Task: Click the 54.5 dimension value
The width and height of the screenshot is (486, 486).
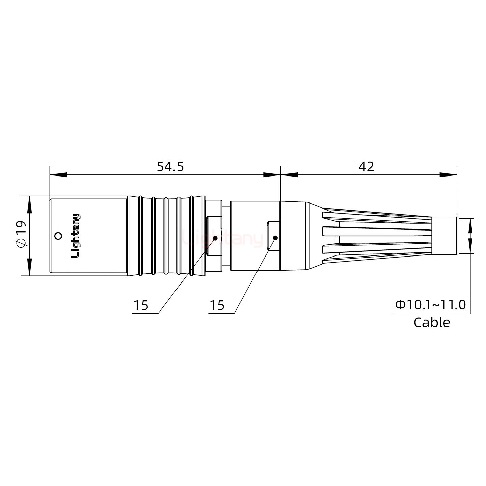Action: (170, 167)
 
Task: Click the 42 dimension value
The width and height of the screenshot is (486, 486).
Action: (366, 167)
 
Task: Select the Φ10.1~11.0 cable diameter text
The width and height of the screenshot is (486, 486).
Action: (430, 305)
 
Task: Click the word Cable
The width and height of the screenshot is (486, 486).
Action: (432, 323)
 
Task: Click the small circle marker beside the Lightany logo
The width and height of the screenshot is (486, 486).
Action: (58, 236)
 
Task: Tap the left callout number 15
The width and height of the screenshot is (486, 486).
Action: (141, 305)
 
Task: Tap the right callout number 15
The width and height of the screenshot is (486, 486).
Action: (217, 305)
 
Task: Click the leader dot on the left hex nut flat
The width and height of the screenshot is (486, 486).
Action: (215, 238)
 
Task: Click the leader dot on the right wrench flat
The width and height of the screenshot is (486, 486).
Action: (275, 238)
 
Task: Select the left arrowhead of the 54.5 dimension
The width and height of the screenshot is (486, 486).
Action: (58, 175)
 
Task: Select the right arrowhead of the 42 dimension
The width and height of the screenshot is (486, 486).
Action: (448, 175)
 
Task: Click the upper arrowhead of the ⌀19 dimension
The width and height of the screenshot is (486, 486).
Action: (30, 205)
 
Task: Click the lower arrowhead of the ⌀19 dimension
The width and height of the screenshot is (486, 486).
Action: (30, 267)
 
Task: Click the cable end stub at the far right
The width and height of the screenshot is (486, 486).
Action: (444, 236)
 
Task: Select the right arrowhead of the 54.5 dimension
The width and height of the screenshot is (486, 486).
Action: (272, 175)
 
